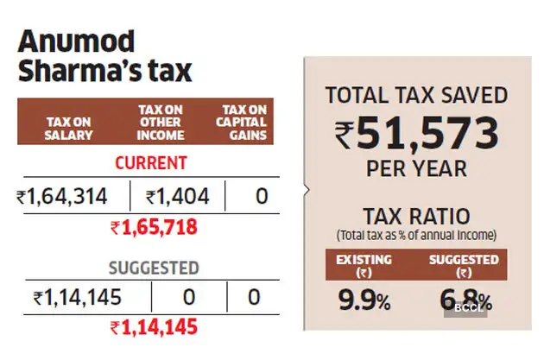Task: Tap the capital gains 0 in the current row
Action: (x=260, y=198)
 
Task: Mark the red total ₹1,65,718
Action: (x=154, y=228)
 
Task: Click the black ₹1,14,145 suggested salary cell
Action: (x=77, y=299)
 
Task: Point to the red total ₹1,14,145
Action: (x=154, y=328)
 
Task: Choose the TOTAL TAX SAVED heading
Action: (x=416, y=94)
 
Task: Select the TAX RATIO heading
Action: (x=416, y=216)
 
